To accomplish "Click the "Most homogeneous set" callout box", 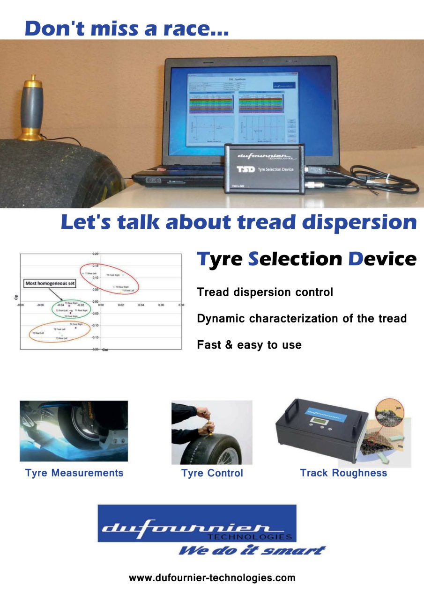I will click(x=50, y=284).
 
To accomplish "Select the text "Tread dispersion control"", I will click(x=265, y=292).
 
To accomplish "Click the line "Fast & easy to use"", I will click(x=249, y=345).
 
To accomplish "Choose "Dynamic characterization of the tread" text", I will click(x=302, y=319).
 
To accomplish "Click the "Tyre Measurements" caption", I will click(x=74, y=473).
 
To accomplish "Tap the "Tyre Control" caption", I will click(x=212, y=473).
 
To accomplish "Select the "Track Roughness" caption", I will click(x=343, y=473).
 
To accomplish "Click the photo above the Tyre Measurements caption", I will click(x=74, y=431).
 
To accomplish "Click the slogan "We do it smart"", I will click(x=252, y=550).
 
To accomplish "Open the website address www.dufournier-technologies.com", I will click(x=212, y=578).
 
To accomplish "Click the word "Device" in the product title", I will click(x=382, y=259).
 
